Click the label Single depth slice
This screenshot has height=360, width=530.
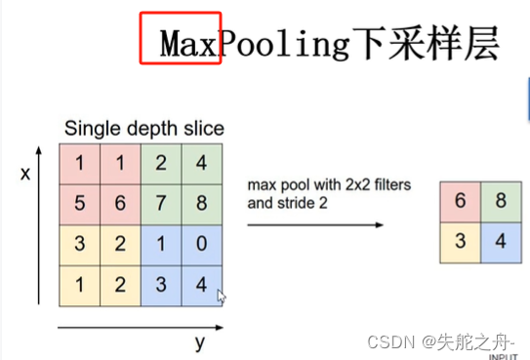pos(143,128)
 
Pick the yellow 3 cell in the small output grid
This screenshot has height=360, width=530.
pos(457,238)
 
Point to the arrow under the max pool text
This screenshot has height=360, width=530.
pos(313,224)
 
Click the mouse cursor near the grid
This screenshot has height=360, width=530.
pos(222,295)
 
